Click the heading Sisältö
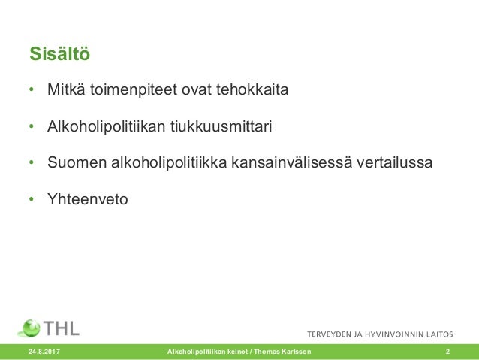point(64,55)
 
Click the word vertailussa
point(394,162)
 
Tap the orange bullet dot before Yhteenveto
point(32,199)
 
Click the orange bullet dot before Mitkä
point(32,91)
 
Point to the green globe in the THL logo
point(30,328)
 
